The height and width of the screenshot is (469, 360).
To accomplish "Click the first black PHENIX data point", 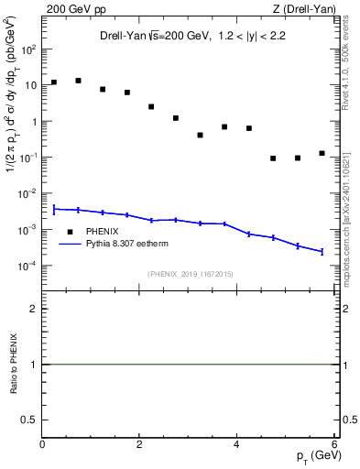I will pyautogui.click(x=54, y=82).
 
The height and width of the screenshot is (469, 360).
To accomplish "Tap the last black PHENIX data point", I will pyautogui.click(x=322, y=153).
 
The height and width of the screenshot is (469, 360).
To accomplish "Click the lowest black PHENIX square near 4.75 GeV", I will pyautogui.click(x=273, y=158).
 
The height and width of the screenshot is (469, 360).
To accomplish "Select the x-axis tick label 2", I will pyautogui.click(x=139, y=444).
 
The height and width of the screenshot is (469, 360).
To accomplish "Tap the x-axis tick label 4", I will pyautogui.click(x=236, y=444).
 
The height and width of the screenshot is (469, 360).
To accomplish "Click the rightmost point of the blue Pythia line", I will pyautogui.click(x=322, y=251).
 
